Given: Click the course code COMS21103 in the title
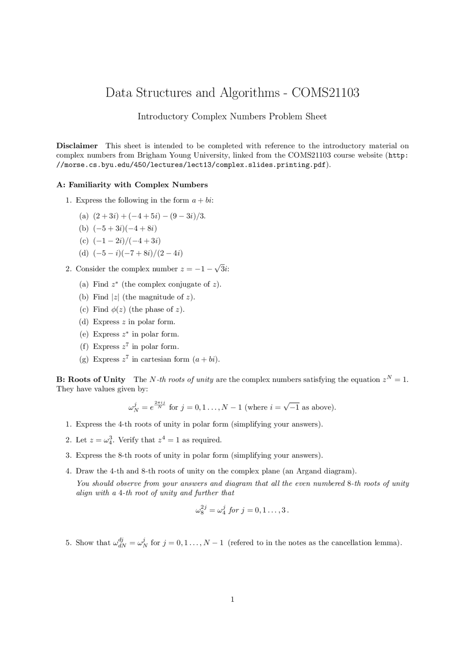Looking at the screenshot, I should [x=325, y=93].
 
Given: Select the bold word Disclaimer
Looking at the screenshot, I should [x=77, y=146].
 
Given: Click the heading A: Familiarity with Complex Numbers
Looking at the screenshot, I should [x=132, y=185].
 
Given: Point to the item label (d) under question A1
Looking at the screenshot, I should [x=84, y=253].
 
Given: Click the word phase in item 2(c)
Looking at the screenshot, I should [x=155, y=310].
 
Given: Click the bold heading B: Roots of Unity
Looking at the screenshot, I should [x=91, y=380].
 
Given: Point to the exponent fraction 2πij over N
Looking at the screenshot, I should [x=160, y=405].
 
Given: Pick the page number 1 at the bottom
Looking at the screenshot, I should [x=232, y=600].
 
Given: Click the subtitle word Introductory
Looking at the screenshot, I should [x=163, y=117].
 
